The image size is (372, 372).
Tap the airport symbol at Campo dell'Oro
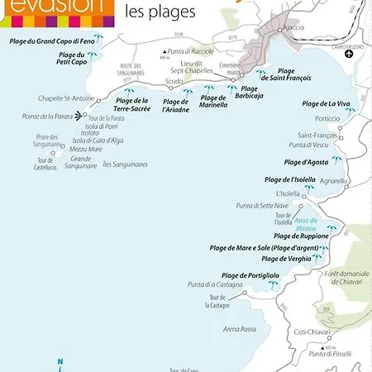(x=349, y=54)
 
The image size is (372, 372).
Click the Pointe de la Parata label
(x=46, y=117)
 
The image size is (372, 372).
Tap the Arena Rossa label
(x=220, y=329)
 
